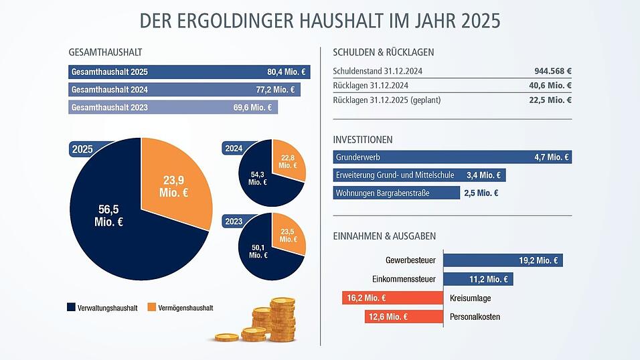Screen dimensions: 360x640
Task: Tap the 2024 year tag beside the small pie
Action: (234, 149)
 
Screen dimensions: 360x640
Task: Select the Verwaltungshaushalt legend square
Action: (71, 307)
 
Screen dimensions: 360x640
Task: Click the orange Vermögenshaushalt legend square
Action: (151, 307)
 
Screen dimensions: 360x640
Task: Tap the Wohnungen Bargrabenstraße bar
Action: (395, 193)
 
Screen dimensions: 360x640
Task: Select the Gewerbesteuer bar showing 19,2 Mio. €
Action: (502, 260)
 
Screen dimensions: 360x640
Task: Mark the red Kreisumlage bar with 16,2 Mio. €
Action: (391, 298)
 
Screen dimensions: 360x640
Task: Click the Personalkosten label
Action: (475, 317)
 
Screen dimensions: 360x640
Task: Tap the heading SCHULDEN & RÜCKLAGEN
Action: (383, 52)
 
